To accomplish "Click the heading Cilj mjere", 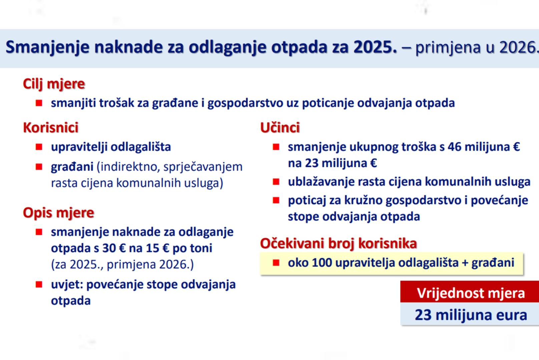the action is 54,84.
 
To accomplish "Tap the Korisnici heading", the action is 51,127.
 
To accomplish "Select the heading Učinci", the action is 280,127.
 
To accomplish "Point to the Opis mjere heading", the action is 58,213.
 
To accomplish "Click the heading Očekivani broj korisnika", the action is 339,243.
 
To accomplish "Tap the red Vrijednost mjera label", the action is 471,293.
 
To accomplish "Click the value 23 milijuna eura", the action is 471,315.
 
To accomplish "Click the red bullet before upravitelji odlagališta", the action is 39,147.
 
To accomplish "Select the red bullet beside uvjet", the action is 39,284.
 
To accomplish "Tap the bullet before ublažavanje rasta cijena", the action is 276,182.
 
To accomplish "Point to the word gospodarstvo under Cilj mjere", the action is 245,103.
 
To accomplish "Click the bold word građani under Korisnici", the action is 72,167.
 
